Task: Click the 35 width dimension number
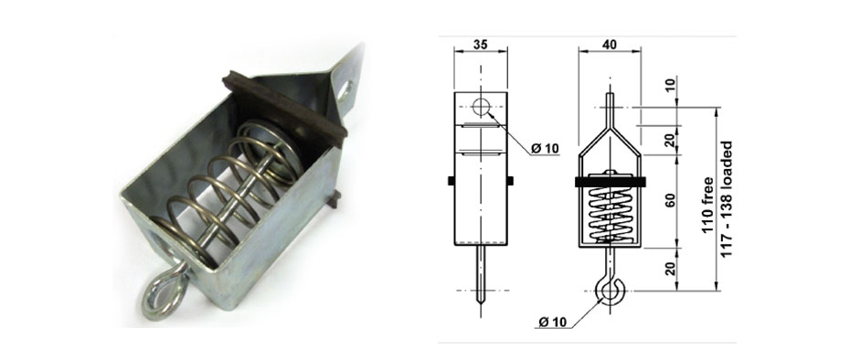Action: [481, 42]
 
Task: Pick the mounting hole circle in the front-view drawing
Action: [483, 106]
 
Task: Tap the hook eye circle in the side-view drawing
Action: [607, 291]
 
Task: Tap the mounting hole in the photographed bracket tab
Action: [347, 90]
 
